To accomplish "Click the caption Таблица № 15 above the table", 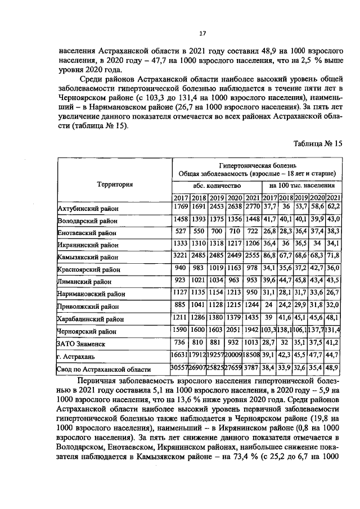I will click(x=317, y=143).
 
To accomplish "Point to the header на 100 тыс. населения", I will click(x=302, y=185).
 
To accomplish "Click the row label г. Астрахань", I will click(x=76, y=357).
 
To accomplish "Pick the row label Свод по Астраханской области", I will click(x=103, y=370).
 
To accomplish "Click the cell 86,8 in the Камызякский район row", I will click(x=269, y=256).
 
